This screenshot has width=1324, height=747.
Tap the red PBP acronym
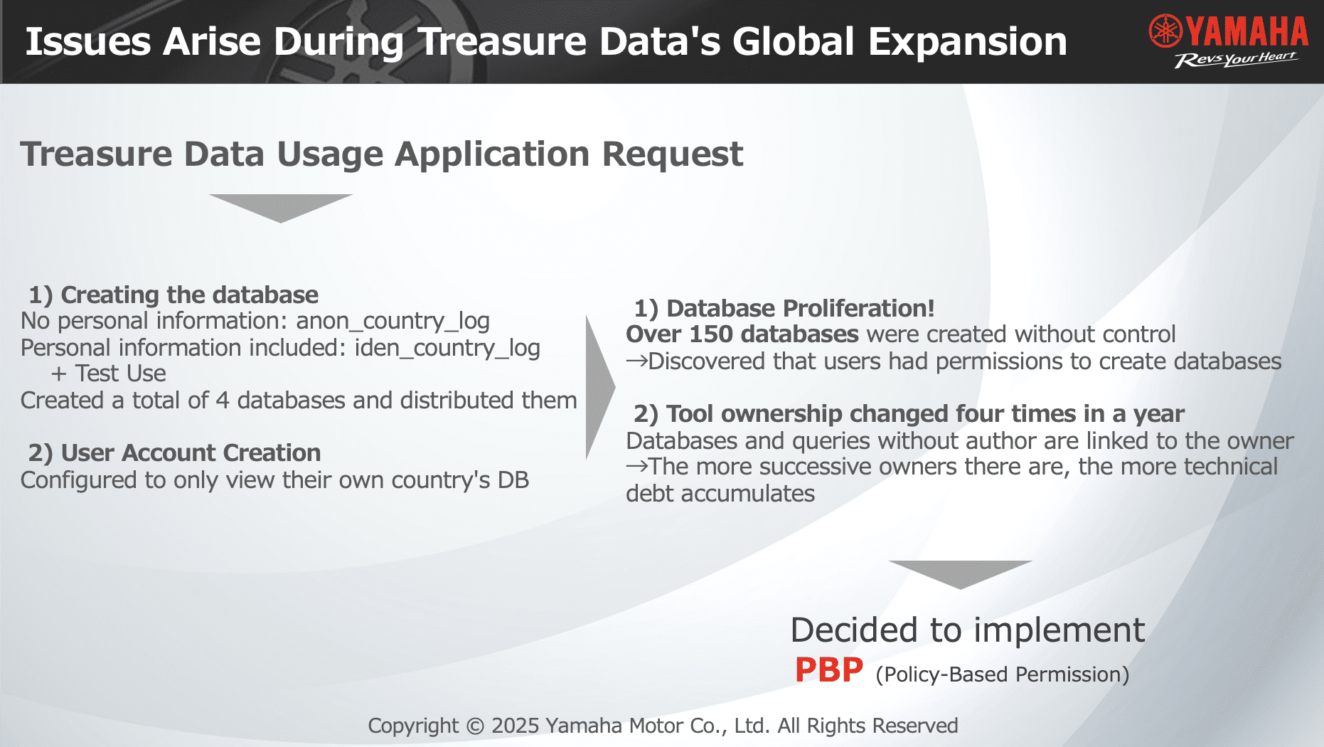[829, 670]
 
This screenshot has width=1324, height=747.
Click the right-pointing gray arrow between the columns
[600, 388]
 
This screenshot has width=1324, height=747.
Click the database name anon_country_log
[393, 322]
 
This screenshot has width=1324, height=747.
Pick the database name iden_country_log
[447, 348]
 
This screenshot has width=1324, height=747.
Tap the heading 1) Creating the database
[173, 295]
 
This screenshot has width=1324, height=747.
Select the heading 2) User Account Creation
[175, 453]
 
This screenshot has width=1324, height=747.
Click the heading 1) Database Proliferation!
[784, 309]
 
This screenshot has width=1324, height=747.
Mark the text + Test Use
[109, 373]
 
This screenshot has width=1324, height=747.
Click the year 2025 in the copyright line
[516, 726]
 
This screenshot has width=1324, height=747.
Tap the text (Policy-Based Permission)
[1003, 674]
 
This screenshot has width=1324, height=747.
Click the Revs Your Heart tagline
[1236, 60]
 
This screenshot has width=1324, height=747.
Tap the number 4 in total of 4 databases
[222, 401]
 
